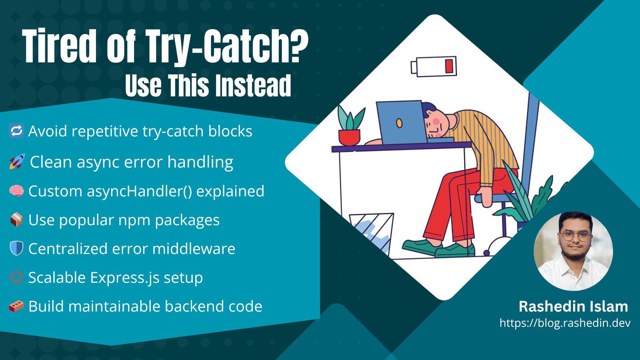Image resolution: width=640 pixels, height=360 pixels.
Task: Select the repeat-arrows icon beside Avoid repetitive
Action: coord(16,131)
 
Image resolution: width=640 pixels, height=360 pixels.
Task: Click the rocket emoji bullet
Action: coord(17,162)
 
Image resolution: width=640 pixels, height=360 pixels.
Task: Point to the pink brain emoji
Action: coord(16,191)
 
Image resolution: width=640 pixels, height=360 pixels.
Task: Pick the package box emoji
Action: coord(16,220)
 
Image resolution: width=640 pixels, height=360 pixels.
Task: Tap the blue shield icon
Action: coord(16,248)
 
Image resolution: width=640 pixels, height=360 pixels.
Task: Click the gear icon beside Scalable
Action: coord(16,277)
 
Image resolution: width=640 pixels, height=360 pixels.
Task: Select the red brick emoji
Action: coord(16,306)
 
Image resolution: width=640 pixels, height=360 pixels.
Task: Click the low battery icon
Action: coord(434,66)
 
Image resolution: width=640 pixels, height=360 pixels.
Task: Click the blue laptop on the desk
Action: coord(400,122)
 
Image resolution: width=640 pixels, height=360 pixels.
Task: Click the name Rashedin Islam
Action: coord(573,306)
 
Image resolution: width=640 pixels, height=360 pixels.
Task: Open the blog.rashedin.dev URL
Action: coord(565,323)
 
